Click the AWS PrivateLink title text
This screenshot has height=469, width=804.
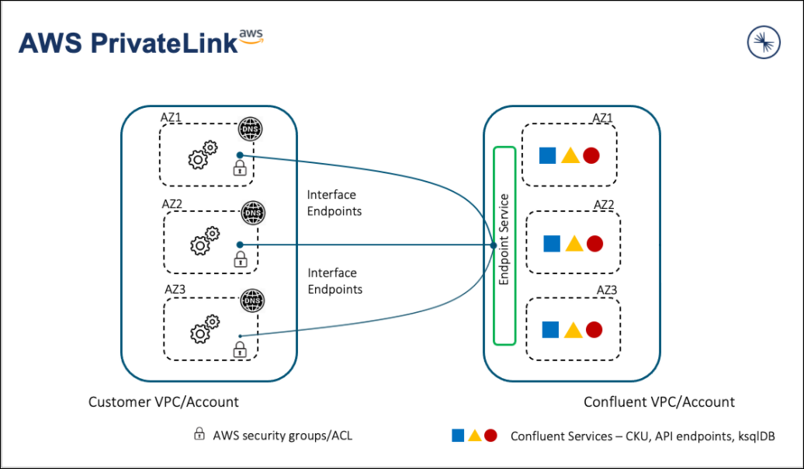tap(128, 43)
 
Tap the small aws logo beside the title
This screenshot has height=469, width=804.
tap(251, 36)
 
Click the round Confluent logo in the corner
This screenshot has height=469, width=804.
tap(763, 42)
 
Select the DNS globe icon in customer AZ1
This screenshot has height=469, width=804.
tap(250, 129)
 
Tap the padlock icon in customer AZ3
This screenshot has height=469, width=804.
tap(240, 349)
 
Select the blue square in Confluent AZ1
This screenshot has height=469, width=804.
tap(547, 155)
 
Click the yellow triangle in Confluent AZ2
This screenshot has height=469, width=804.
tap(574, 244)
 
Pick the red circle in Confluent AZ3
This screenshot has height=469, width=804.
tap(594, 329)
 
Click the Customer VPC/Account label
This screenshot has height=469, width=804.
tap(163, 401)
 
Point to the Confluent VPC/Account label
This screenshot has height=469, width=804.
tap(659, 401)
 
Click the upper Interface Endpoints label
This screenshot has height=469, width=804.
tap(334, 203)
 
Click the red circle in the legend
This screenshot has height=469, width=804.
tap(490, 436)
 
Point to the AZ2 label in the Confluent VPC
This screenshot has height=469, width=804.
tap(604, 205)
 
